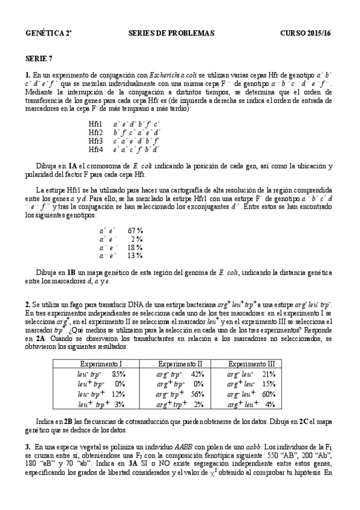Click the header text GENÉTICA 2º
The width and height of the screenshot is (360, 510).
pos(49,33)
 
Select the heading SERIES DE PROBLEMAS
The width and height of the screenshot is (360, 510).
pos(171,33)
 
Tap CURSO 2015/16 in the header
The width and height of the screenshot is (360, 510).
pos(307,33)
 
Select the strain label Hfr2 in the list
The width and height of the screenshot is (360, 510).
pos(96,132)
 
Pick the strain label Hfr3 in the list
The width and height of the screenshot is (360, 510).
pos(96,141)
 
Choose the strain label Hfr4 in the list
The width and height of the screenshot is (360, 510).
pos(96,149)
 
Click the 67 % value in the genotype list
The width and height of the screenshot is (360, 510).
pos(135,230)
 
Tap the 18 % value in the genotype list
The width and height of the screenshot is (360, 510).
pos(135,247)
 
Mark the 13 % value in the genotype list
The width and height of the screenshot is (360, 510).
pos(135,256)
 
